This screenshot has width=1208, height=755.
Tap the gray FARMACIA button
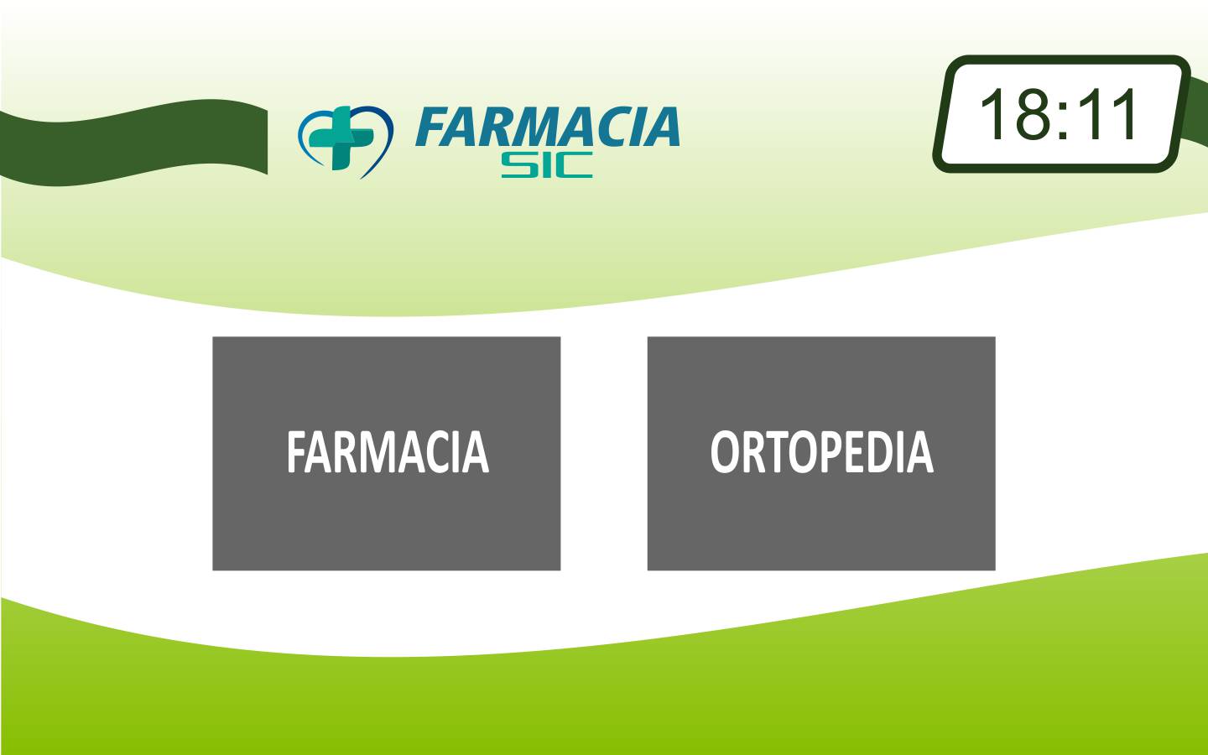pos(386,453)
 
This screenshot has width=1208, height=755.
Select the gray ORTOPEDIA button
pos(820,453)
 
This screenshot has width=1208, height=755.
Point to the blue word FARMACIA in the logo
pos(547,127)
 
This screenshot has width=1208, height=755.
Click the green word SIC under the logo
pos(547,165)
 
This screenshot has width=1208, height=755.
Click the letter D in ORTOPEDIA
pos(884,452)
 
